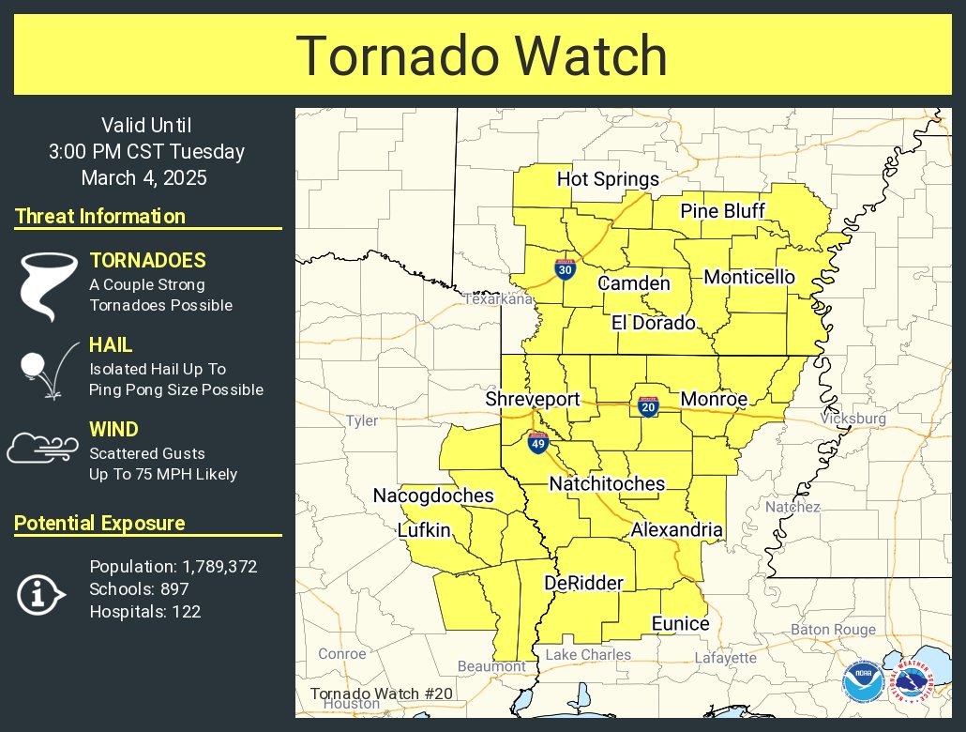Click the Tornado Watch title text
(x=482, y=55)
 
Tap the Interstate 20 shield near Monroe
(x=647, y=406)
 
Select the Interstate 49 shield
(x=537, y=443)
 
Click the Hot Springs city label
(x=608, y=179)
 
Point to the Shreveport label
(x=533, y=399)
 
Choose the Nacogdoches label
(x=433, y=496)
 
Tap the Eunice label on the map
(x=681, y=624)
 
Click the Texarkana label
(x=498, y=298)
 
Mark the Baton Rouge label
(x=833, y=630)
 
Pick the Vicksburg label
(x=853, y=419)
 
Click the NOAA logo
(x=862, y=682)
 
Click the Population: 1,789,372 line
(x=174, y=567)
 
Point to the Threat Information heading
(x=100, y=217)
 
